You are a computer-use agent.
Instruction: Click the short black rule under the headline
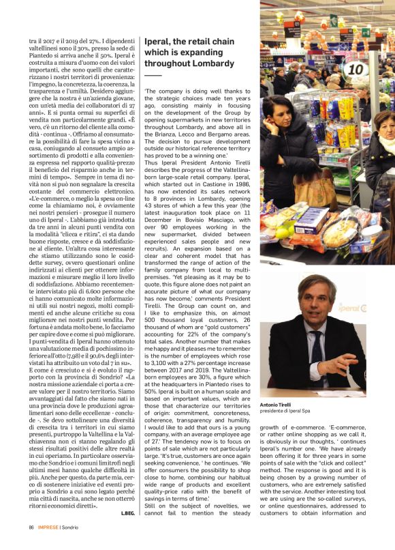point(153,74)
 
